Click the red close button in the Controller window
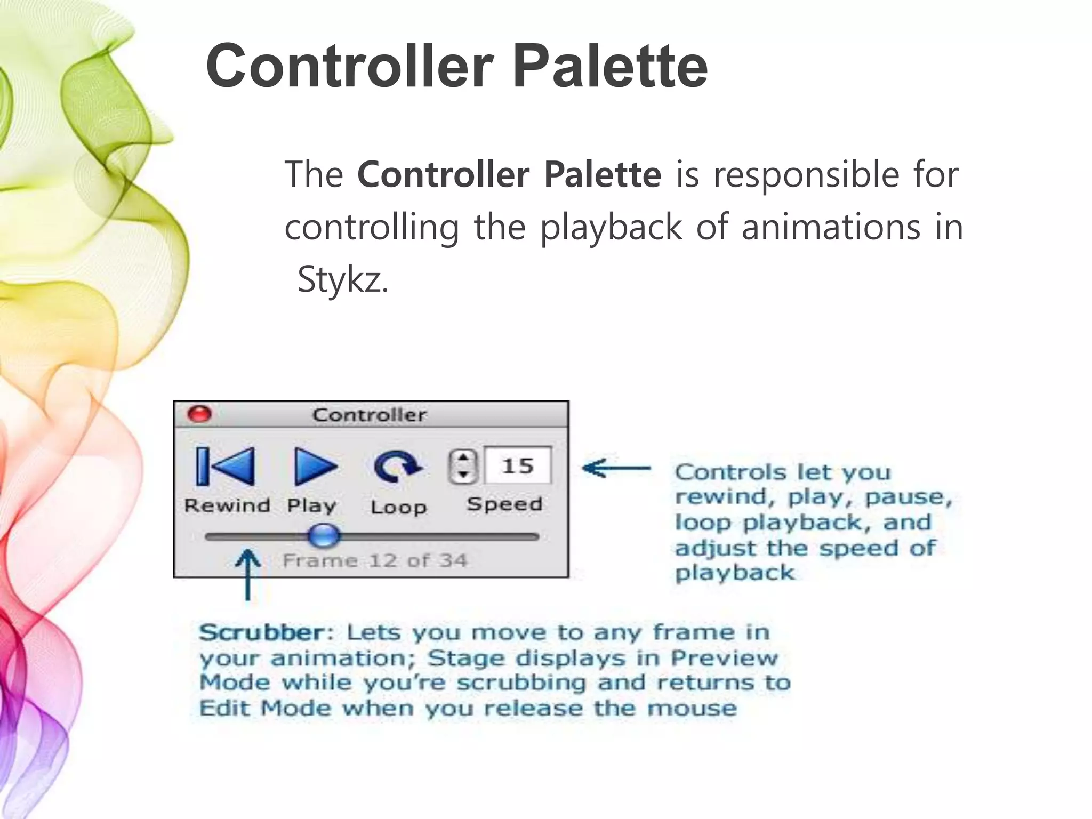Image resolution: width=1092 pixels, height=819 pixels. [200, 414]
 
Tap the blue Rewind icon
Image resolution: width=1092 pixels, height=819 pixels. [225, 467]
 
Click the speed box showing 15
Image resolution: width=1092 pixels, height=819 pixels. [517, 466]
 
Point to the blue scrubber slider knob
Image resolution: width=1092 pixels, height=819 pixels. [324, 535]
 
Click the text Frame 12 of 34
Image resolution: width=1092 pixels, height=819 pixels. [374, 561]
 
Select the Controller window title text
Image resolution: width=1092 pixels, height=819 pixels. [369, 415]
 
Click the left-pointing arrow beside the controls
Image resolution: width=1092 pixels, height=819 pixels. [616, 468]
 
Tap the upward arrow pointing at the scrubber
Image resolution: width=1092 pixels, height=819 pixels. [247, 573]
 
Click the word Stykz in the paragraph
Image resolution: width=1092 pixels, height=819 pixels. [342, 279]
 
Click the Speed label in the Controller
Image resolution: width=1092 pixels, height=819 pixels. [504, 504]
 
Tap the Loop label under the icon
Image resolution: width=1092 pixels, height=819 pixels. [398, 507]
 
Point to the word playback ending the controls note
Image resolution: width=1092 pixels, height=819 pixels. [735, 573]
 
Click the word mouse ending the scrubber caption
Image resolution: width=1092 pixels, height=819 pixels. [692, 709]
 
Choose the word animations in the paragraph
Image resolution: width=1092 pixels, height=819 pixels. [831, 227]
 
